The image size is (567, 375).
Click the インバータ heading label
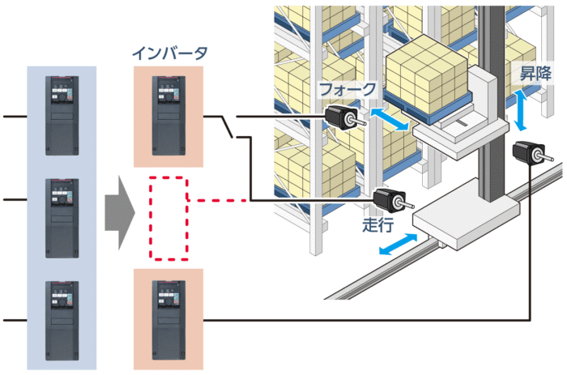(x=169, y=53)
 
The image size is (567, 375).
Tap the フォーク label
(x=347, y=89)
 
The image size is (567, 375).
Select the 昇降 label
(x=535, y=74)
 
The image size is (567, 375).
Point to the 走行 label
(x=378, y=224)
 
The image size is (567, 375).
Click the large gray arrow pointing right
(x=120, y=213)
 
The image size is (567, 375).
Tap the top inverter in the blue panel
(x=62, y=116)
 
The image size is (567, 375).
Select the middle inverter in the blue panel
(x=62, y=218)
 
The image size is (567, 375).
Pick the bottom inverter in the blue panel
(x=62, y=321)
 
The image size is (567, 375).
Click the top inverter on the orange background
(x=168, y=116)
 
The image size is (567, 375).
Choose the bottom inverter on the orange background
(x=168, y=320)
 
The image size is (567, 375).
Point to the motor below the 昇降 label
(x=533, y=153)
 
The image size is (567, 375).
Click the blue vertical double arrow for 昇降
(x=520, y=111)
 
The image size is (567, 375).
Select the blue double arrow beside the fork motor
(x=390, y=119)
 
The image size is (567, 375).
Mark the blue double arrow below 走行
(x=399, y=244)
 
